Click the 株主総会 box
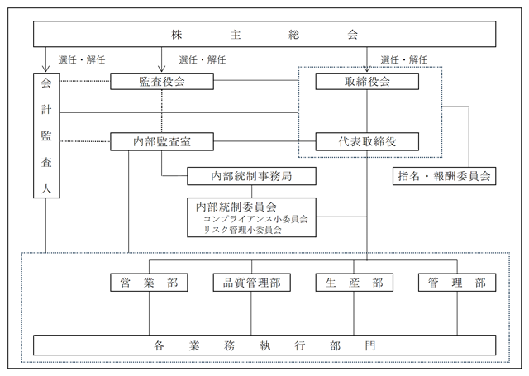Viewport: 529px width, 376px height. click(x=264, y=34)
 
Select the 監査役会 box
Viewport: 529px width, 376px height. click(x=162, y=81)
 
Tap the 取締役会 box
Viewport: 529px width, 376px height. click(x=367, y=81)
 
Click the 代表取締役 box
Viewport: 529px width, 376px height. click(x=367, y=141)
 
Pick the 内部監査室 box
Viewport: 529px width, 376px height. click(x=162, y=141)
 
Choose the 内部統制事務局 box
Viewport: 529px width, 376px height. click(x=251, y=176)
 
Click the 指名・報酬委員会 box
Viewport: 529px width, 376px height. click(x=445, y=176)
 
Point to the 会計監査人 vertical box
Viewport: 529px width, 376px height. click(x=46, y=136)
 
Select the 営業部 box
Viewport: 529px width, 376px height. click(x=149, y=283)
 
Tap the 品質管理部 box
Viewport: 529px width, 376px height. click(x=251, y=283)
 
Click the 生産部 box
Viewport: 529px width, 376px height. click(x=355, y=283)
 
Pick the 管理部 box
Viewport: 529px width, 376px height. click(x=457, y=283)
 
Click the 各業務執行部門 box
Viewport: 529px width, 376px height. click(x=264, y=345)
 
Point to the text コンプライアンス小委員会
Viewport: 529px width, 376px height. click(x=255, y=219)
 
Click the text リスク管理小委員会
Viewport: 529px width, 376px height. click(x=242, y=231)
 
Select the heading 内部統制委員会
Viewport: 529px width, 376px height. click(x=236, y=207)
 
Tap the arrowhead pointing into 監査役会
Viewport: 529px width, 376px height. click(x=162, y=69)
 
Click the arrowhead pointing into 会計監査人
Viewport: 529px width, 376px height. click(x=46, y=69)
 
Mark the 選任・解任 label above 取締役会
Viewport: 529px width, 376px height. click(x=404, y=60)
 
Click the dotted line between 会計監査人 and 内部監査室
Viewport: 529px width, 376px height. click(x=85, y=141)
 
